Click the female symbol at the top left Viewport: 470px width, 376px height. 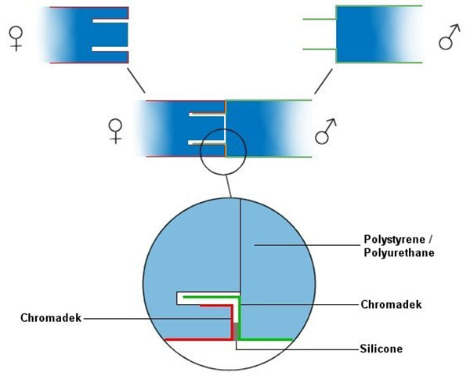(15, 36)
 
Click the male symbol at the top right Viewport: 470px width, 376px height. (449, 36)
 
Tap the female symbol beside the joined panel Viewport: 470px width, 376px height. (116, 129)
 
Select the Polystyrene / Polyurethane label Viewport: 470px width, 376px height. (399, 246)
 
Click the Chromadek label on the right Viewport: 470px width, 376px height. (391, 304)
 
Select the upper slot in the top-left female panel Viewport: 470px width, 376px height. (110, 21)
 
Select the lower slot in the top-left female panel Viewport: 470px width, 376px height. (110, 49)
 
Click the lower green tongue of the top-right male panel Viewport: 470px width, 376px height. (320, 49)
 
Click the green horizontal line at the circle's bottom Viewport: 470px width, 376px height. (266, 339)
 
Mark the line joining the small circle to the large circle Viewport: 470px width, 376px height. (227, 186)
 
